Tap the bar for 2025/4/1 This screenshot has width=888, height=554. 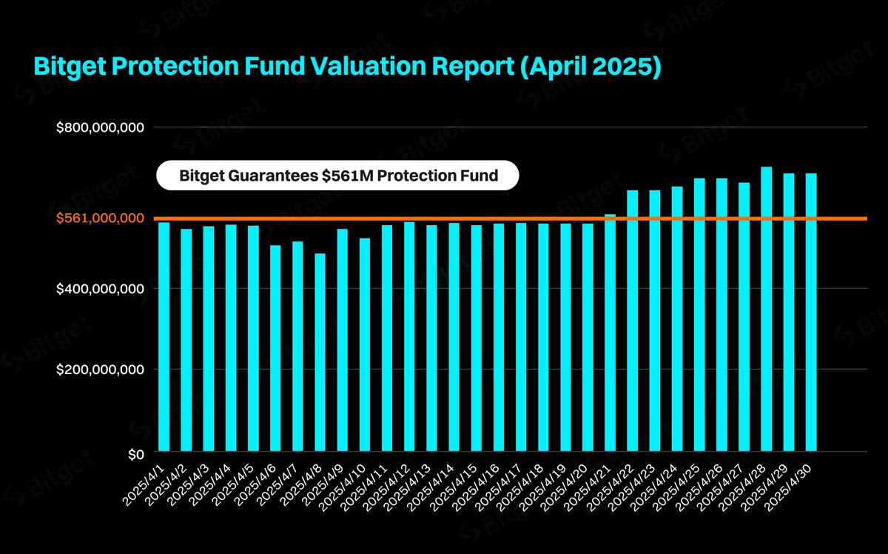point(164,337)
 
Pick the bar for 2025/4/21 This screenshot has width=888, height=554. point(610,333)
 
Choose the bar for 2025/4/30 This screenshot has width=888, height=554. point(811,312)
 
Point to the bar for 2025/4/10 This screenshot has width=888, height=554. point(364,344)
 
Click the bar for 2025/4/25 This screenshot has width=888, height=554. point(699,315)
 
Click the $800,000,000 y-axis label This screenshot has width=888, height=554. point(100,128)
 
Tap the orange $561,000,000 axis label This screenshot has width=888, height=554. point(100,218)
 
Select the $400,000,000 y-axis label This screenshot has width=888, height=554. point(100,289)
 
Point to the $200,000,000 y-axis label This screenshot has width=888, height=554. point(100,370)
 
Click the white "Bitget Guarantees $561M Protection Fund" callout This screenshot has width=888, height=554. point(338,176)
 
